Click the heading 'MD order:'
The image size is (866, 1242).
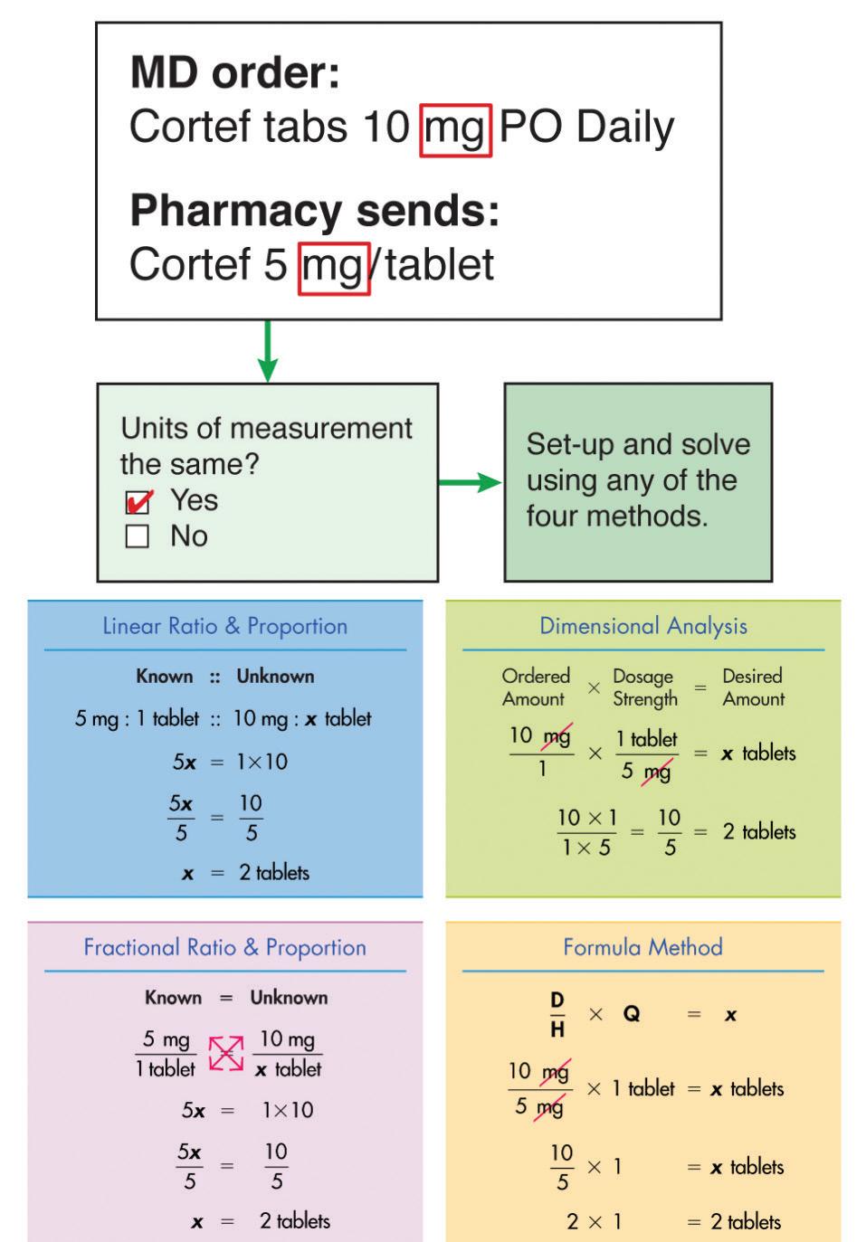234,72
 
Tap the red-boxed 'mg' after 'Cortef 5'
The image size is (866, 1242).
334,268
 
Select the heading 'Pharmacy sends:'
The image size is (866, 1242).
314,210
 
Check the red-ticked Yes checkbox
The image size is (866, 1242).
138,501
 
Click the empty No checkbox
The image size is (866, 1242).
138,536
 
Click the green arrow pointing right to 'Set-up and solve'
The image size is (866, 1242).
470,482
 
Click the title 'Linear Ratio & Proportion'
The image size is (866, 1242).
224,626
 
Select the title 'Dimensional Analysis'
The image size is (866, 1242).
643,626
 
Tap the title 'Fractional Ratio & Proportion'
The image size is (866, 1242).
224,947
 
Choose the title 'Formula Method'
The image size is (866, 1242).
642,947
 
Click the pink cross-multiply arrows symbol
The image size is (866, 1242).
225,1053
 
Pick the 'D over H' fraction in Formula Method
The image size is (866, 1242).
557,1014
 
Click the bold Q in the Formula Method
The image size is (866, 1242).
632,1014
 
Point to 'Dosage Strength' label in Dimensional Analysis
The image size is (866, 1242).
644,687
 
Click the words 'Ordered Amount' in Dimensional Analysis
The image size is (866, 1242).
535,687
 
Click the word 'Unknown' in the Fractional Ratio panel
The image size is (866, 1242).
289,998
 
